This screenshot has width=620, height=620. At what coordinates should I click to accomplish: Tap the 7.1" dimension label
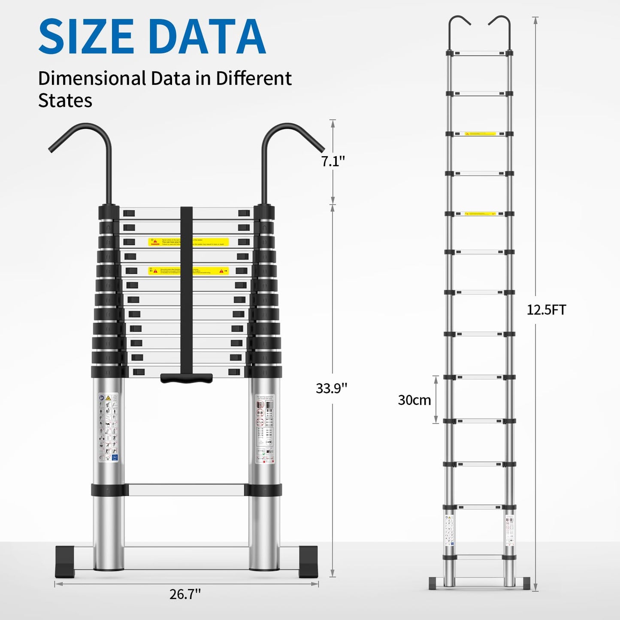tap(333, 161)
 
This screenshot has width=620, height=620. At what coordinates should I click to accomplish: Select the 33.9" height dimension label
tap(331, 388)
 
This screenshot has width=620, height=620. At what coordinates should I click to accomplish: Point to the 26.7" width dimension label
tap(185, 594)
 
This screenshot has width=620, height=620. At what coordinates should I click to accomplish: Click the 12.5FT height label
tap(546, 310)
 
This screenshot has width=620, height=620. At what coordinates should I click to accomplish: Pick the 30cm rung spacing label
tap(414, 400)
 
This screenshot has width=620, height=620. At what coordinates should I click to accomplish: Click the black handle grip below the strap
tap(186, 378)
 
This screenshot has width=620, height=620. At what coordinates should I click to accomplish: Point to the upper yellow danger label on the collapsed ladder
tap(188, 242)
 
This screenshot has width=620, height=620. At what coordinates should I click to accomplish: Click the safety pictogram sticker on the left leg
tap(108, 428)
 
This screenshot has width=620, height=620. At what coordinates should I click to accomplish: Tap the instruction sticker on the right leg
tap(265, 428)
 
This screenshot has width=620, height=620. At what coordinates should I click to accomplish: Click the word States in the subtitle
tap(65, 100)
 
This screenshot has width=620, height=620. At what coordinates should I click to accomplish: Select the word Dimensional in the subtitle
tap(92, 79)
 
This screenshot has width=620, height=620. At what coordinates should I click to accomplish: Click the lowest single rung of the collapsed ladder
tap(186, 490)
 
